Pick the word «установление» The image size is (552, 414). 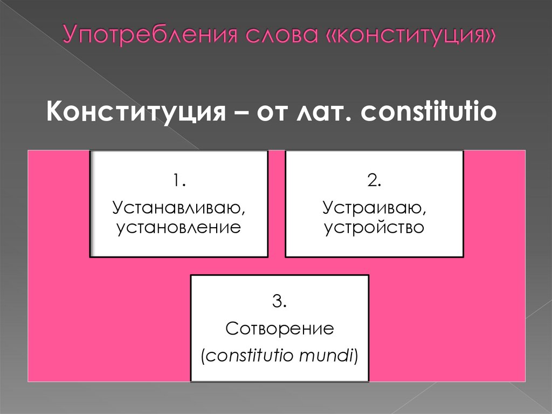[x=178, y=227]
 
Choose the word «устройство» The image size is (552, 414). [x=374, y=227]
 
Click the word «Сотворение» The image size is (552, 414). [x=280, y=328]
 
